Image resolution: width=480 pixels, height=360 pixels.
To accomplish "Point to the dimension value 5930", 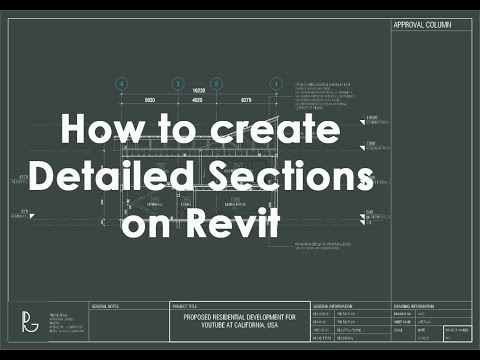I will [x=150, y=102].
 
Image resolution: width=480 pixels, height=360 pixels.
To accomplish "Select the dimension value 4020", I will [x=198, y=102].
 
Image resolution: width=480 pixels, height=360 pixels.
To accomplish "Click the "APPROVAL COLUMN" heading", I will [x=419, y=26].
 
